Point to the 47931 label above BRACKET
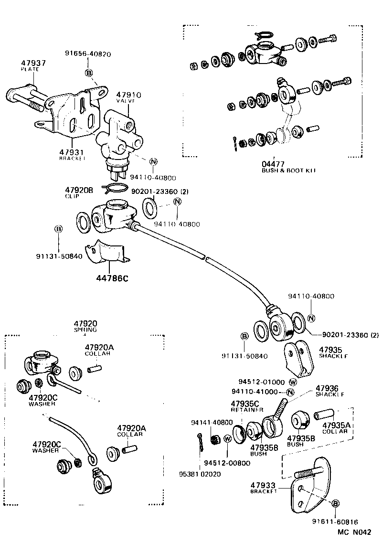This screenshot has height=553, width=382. point(72,152)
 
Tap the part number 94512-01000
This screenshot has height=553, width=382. point(262,382)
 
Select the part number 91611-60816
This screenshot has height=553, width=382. point(336,522)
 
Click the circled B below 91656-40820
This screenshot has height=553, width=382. point(88,73)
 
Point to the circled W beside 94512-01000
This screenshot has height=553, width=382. point(293,382)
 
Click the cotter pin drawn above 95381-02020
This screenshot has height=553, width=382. point(201,441)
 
